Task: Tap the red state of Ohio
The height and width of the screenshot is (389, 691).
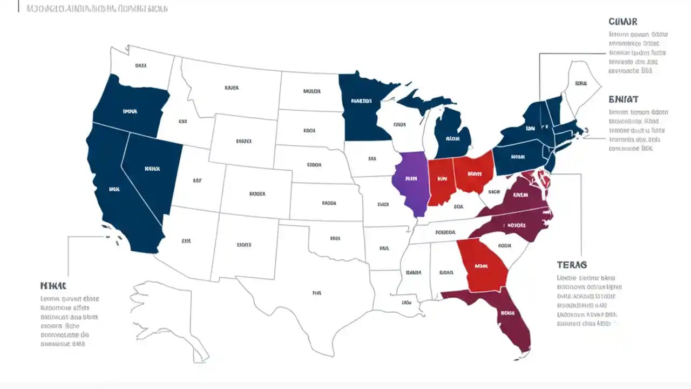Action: coord(474,172)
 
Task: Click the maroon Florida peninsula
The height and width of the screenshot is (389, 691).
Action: coord(510,319)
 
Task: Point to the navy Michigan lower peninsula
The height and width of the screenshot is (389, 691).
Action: coord(452,135)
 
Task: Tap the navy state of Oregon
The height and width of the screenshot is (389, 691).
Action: coord(130,108)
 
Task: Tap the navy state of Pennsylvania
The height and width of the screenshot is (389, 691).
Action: coord(517,157)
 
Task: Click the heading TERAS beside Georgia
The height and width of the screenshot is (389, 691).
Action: coord(572,265)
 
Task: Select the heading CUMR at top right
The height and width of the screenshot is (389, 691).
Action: coord(623,22)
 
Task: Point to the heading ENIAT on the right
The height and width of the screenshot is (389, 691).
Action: coord(624,99)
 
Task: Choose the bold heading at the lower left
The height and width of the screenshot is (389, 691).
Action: coord(53,285)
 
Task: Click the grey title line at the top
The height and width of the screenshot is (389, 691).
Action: coord(97,9)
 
